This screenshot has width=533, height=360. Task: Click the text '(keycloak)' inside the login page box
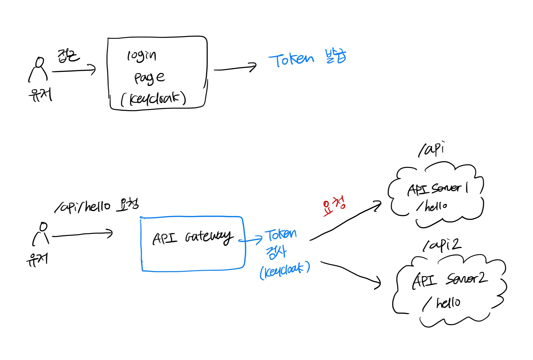(x=153, y=99)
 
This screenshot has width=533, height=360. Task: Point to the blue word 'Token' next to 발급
(x=291, y=59)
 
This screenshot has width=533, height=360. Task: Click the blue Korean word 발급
(x=336, y=56)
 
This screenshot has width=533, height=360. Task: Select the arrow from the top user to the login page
(x=74, y=71)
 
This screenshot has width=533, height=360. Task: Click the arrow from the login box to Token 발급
(x=235, y=68)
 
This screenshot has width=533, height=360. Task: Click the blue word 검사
(x=276, y=252)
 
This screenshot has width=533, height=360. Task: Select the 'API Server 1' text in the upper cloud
(x=437, y=189)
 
